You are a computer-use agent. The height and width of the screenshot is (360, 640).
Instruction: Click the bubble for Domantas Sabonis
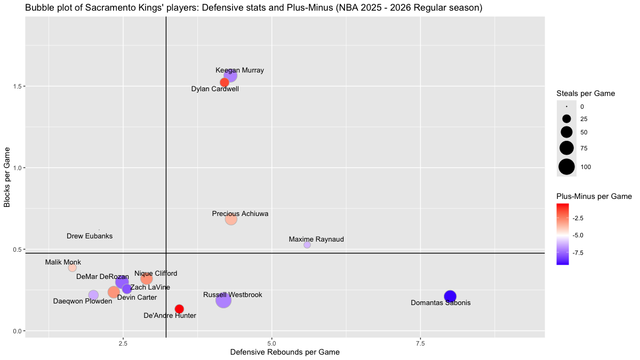(450, 297)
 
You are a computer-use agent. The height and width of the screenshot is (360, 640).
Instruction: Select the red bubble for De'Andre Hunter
(179, 309)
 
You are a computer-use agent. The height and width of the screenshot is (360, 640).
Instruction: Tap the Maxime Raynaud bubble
(307, 245)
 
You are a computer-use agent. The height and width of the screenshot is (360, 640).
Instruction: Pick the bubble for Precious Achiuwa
(231, 219)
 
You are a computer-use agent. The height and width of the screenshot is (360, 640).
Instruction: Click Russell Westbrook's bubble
(223, 301)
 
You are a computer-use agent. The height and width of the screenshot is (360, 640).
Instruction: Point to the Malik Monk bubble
(73, 268)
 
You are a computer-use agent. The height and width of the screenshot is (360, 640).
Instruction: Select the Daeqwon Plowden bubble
(93, 295)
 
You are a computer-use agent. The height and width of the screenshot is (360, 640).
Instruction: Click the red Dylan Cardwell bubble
(225, 82)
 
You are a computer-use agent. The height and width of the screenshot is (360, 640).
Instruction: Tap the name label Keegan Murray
(239, 70)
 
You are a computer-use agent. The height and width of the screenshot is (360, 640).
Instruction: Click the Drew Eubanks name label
(90, 236)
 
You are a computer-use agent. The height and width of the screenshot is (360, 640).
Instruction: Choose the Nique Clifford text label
(156, 274)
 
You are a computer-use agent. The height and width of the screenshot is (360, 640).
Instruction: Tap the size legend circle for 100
(566, 167)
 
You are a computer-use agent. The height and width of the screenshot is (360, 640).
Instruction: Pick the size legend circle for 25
(566, 119)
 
